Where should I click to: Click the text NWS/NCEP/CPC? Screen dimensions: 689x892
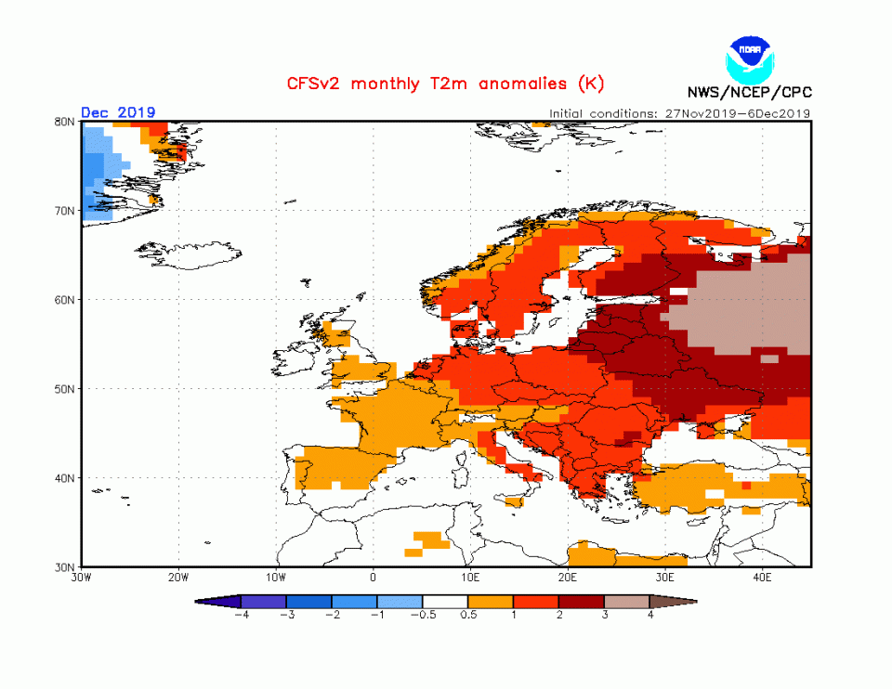[x=748, y=92]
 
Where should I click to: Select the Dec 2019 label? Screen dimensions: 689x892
[x=118, y=112]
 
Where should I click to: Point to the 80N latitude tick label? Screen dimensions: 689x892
[x=64, y=122]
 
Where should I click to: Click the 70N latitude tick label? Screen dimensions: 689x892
[x=64, y=211]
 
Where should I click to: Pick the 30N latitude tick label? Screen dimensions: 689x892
[x=64, y=566]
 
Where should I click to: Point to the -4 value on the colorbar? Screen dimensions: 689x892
[x=240, y=616]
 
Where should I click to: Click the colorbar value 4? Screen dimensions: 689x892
[x=650, y=616]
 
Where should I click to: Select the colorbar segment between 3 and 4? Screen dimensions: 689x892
[x=627, y=602]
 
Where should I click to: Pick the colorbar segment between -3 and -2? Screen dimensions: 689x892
[x=308, y=602]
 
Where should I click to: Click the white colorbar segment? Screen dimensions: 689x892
[x=445, y=602]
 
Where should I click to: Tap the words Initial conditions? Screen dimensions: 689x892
[x=604, y=113]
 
